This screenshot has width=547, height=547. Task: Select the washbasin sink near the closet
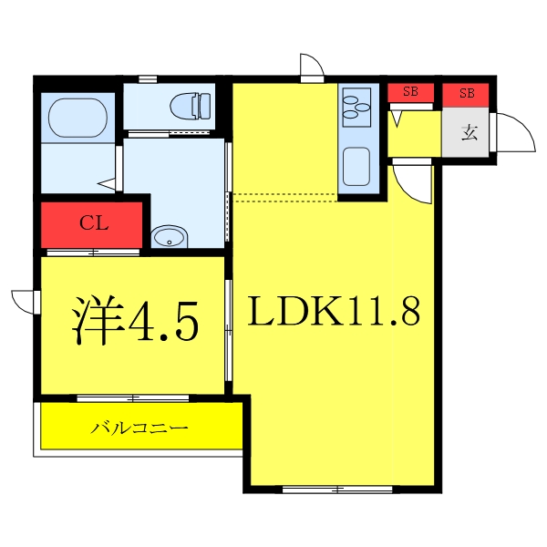coord(170,238)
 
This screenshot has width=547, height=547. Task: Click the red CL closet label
coord(94,222)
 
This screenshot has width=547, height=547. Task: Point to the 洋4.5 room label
coord(135,320)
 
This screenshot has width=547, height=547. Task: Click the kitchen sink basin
coord(355,169)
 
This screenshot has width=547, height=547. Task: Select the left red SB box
coord(410,92)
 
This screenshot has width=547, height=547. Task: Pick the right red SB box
coord(467,93)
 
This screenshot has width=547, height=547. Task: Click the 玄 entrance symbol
coord(468,133)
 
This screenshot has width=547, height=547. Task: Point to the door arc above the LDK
coord(311,66)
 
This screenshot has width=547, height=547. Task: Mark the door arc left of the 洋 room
coord(23,300)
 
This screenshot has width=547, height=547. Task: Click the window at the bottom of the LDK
coord(337,490)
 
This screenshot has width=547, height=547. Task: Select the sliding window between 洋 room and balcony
coord(133,398)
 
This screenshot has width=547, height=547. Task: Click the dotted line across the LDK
coord(284,193)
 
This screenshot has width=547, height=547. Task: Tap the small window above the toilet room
coord(147,79)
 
